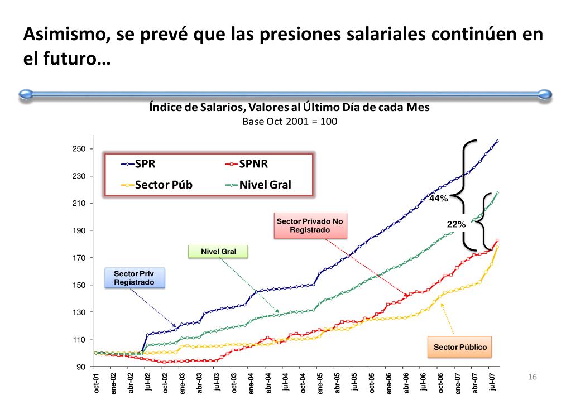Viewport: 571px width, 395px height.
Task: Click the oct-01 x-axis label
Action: [96, 383]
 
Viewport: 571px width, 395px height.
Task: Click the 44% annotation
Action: [438, 198]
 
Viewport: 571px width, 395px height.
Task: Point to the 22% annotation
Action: [456, 224]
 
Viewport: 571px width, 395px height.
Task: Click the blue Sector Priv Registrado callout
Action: [134, 278]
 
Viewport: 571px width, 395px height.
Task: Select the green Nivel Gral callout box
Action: [218, 252]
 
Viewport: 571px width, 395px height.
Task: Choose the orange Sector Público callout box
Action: [460, 347]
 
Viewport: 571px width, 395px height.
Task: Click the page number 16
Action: [532, 378]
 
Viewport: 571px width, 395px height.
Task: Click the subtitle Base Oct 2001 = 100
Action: [290, 121]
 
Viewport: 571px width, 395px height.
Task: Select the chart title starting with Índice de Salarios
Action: [289, 107]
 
